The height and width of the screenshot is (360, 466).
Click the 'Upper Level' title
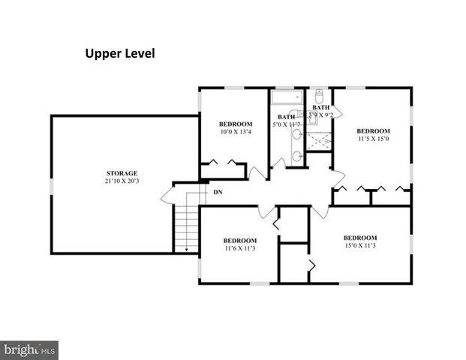[119, 54]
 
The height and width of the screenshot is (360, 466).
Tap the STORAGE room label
[121, 174]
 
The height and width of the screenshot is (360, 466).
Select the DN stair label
[218, 193]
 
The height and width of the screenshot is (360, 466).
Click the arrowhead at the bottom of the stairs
[185, 250]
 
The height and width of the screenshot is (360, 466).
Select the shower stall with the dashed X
[320, 140]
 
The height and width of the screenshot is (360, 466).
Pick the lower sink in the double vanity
[297, 156]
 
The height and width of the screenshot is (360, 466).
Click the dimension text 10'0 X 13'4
[236, 133]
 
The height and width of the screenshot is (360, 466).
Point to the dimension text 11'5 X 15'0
[373, 138]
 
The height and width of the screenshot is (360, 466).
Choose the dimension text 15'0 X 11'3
[360, 244]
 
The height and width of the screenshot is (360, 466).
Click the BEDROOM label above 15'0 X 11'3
[360, 236]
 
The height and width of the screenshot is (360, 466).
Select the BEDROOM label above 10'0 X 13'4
[236, 124]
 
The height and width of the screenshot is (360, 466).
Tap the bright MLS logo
[29, 349]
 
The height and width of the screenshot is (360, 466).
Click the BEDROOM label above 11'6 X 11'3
[240, 240]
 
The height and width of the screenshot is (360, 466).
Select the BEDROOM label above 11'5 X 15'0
[373, 130]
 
